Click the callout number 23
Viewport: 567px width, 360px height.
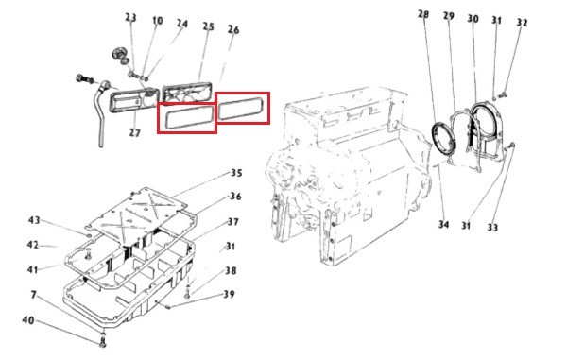tap(131, 17)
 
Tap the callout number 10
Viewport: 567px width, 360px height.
tap(157, 21)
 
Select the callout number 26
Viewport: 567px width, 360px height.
tap(233, 29)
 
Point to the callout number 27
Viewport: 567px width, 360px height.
tap(134, 132)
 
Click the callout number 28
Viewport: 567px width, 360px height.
tap(423, 14)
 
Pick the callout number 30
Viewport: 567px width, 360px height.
tap(473, 19)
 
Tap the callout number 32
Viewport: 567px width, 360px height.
tap(522, 23)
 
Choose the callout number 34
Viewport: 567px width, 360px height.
tap(444, 225)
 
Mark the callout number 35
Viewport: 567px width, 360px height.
tap(236, 173)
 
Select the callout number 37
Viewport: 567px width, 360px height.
tap(233, 221)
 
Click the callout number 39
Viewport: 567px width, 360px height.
tap(229, 294)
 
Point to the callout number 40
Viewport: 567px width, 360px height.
tap(28, 320)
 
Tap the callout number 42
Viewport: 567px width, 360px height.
tap(33, 245)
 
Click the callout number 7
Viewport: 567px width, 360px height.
tap(34, 295)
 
